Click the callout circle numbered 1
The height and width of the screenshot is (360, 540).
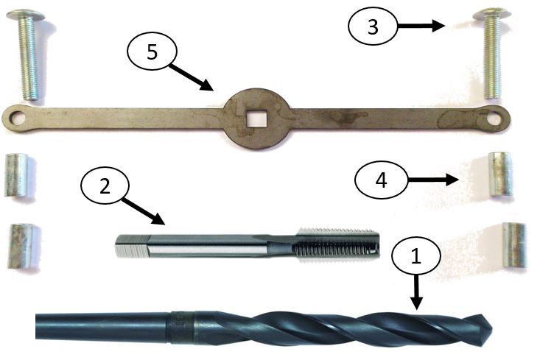tap(416, 257)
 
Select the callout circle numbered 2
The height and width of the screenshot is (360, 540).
tap(105, 186)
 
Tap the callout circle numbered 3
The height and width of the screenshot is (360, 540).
tap(373, 27)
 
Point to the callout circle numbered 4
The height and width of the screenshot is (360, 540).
tap(380, 180)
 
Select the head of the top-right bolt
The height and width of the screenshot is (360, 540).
tap(490, 15)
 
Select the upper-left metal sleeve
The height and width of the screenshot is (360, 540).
tap(18, 174)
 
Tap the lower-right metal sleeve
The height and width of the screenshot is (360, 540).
tap(513, 245)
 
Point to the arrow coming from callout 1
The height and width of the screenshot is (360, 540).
tap(417, 294)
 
